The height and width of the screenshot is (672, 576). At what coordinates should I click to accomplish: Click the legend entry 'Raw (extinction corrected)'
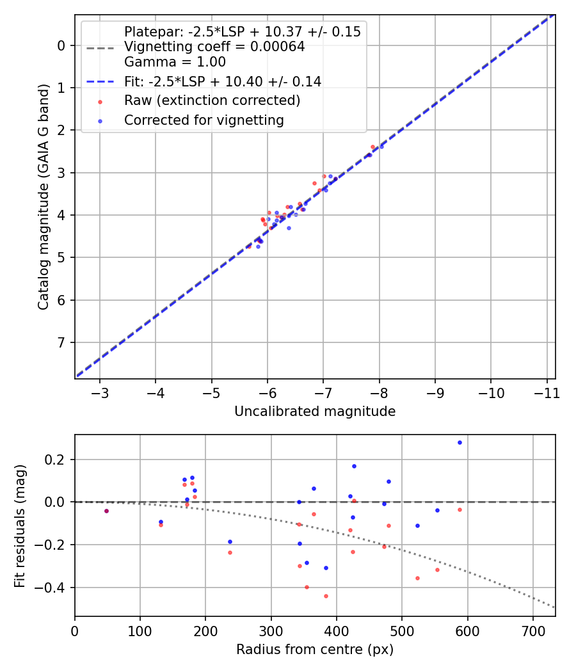212,100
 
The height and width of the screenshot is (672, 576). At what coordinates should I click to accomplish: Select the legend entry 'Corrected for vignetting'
204,120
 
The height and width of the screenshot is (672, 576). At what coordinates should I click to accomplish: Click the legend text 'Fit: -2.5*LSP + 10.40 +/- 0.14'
223,81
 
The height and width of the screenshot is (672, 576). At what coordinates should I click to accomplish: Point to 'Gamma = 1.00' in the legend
175,62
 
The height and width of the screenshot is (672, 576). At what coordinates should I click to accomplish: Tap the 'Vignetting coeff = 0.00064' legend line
214,47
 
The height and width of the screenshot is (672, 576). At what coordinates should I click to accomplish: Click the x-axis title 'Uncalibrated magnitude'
315,412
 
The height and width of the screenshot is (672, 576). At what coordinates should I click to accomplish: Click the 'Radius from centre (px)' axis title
315,650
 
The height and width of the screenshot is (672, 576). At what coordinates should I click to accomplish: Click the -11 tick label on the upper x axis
547,392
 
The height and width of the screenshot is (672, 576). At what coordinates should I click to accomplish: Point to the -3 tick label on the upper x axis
100,392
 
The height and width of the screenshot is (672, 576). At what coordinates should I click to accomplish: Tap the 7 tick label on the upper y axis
61,342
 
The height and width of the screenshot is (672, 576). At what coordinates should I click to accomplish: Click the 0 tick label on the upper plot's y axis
61,45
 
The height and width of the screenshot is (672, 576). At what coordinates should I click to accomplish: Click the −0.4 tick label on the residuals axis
53,588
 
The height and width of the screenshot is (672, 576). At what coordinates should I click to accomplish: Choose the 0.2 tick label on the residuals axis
57,460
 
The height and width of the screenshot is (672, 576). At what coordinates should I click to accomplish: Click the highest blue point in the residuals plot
460,442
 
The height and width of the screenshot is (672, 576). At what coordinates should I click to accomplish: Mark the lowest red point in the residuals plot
326,596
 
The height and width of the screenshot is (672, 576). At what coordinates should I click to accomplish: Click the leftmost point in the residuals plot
106,511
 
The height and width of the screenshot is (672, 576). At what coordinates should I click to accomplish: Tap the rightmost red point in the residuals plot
460,509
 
